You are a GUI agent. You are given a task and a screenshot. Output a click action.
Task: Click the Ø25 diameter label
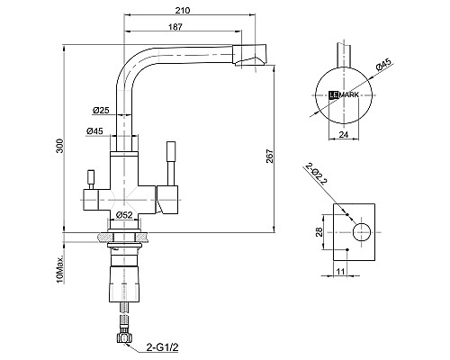point(101,110)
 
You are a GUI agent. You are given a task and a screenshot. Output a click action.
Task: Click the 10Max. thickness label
point(60,269)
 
